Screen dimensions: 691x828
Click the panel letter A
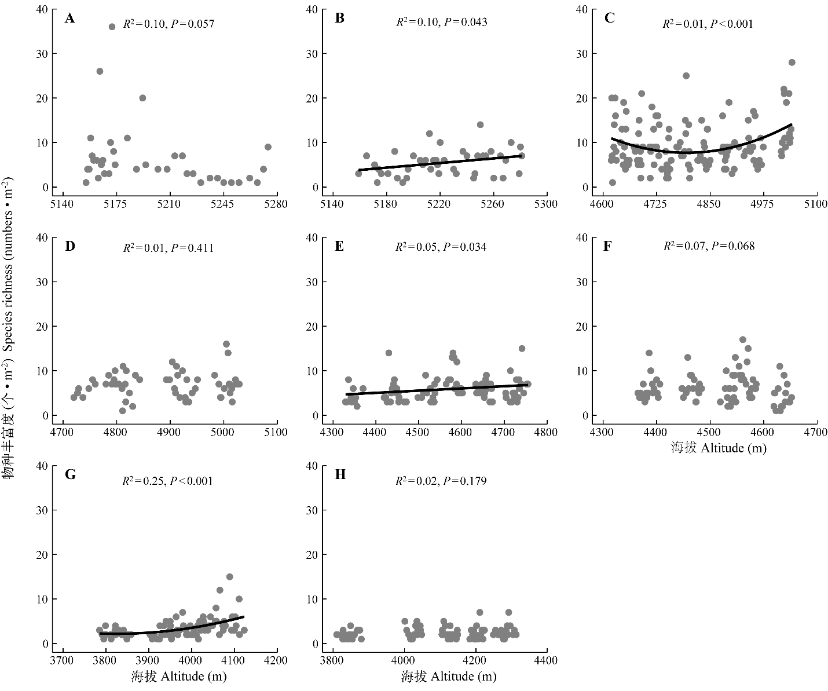[x=69, y=19]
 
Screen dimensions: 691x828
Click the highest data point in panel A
[x=112, y=27]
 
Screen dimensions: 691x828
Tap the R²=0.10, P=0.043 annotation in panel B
[x=441, y=23]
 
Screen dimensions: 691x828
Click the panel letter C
[x=609, y=19]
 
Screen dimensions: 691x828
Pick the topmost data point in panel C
[x=792, y=63]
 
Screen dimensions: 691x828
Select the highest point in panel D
[x=226, y=344]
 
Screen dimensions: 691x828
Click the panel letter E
[x=339, y=246]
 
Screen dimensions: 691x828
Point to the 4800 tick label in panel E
[x=546, y=432]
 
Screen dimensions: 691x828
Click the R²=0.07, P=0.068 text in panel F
[x=709, y=246]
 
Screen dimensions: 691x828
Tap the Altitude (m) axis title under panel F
[x=719, y=448]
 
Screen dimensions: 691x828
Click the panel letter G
[x=70, y=475]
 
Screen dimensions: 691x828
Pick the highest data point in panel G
[x=229, y=577]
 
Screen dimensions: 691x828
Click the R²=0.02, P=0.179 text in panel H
[x=441, y=481]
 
